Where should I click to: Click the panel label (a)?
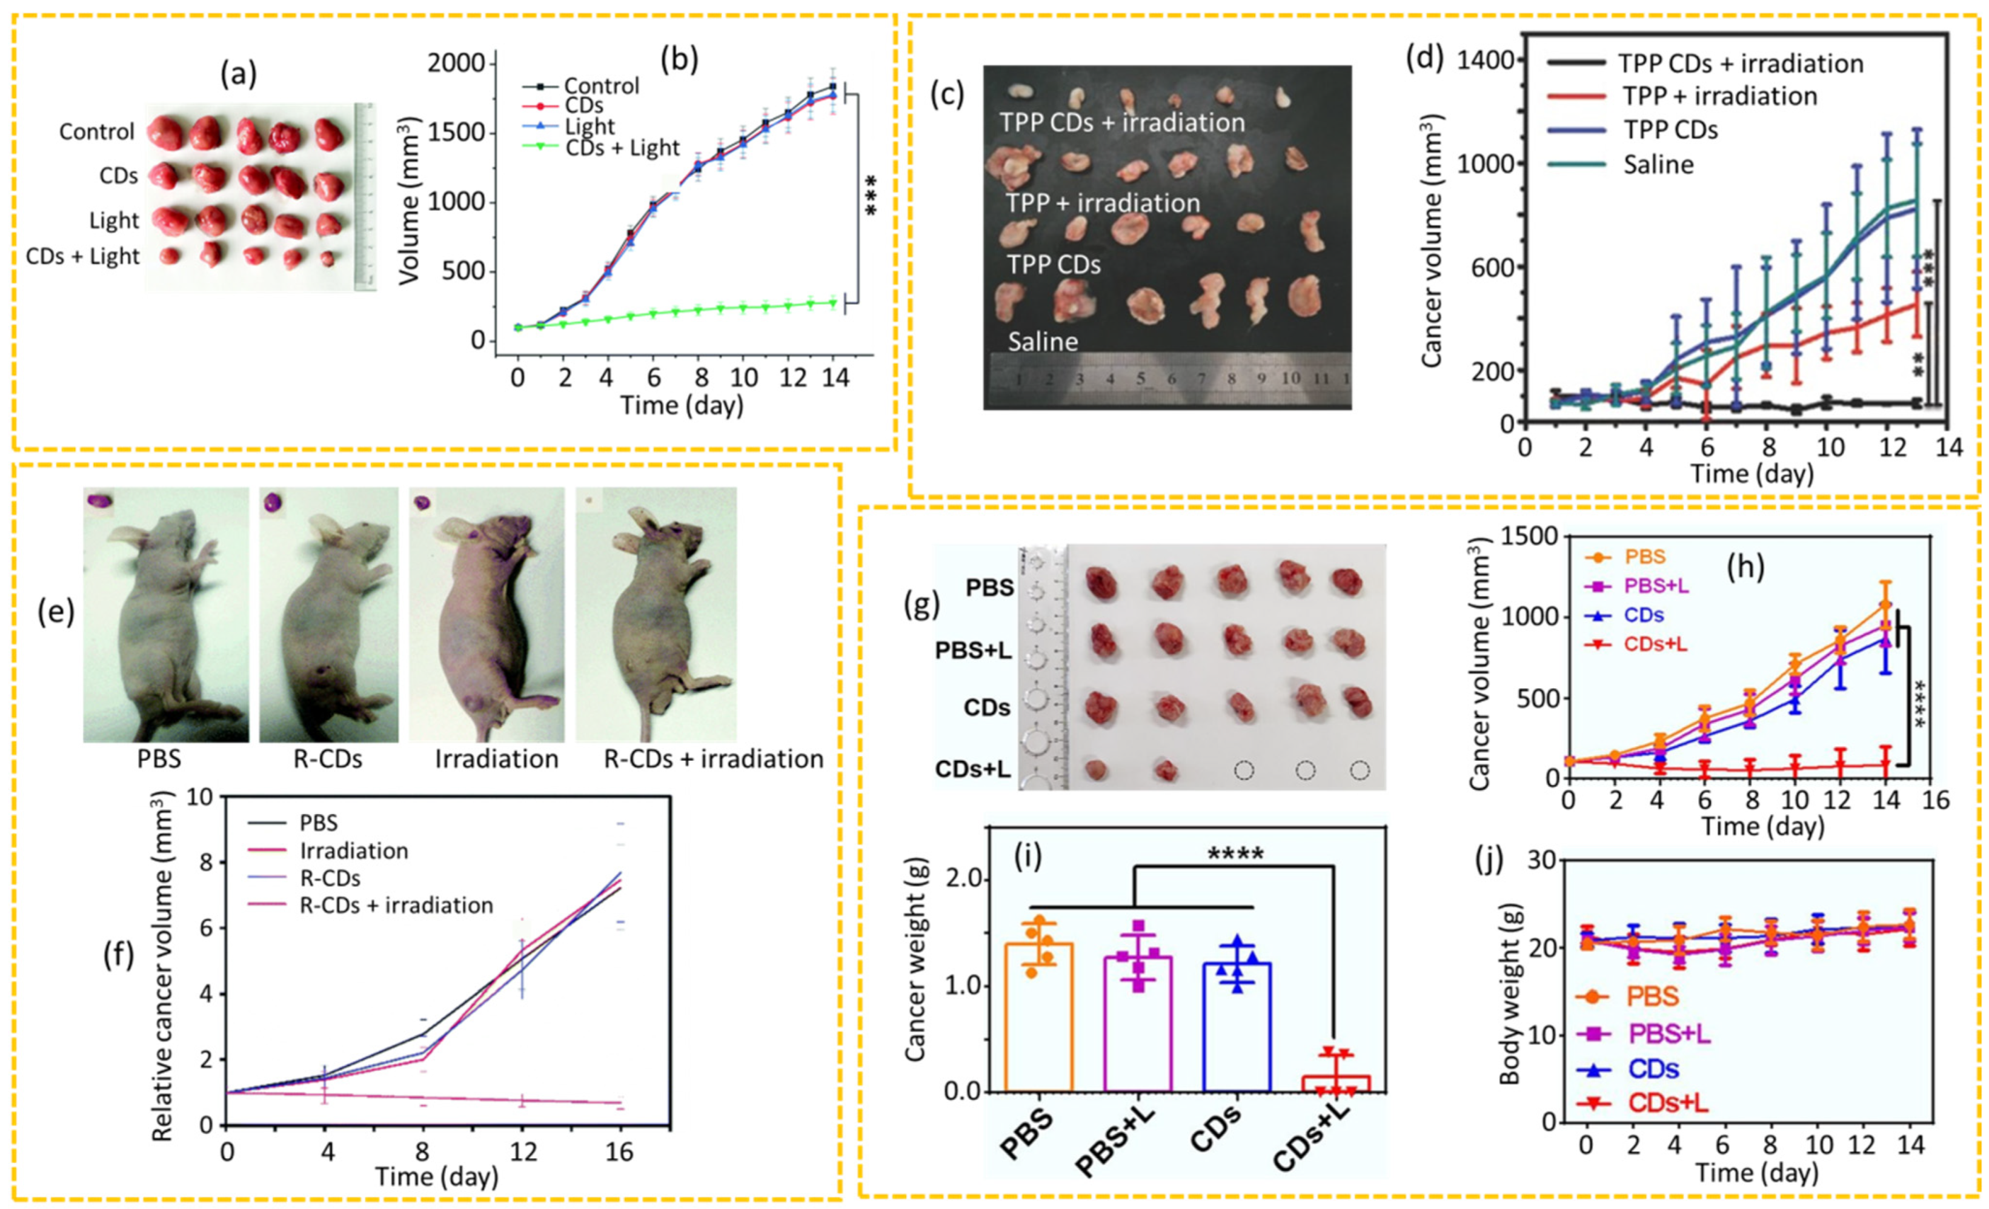(238, 75)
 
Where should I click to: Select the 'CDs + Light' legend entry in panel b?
(622, 148)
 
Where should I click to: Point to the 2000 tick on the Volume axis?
(456, 64)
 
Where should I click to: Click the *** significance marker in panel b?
(870, 196)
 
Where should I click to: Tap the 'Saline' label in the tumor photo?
(1042, 342)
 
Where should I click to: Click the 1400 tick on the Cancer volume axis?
(1489, 61)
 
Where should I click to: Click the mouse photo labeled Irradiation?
(486, 615)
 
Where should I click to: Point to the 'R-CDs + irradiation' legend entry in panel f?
(396, 905)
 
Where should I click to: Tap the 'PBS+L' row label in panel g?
(974, 650)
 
